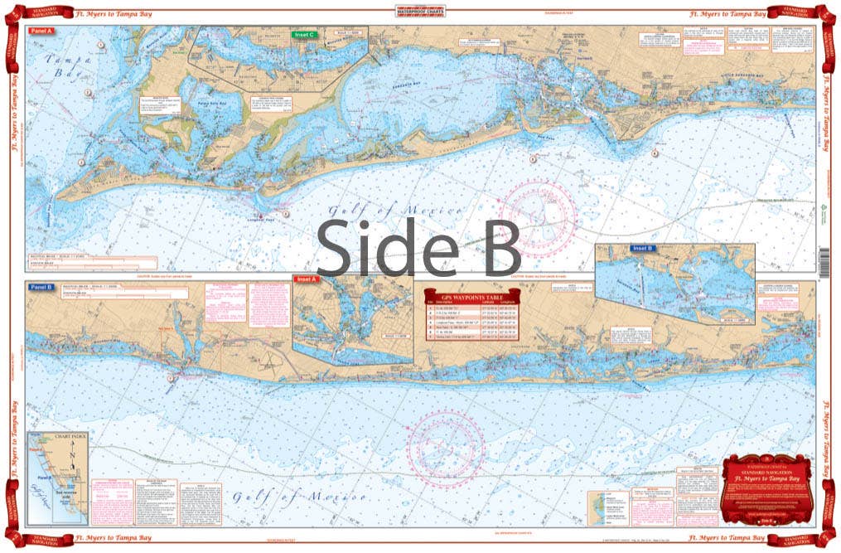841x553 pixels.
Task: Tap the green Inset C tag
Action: pyautogui.click(x=304, y=35)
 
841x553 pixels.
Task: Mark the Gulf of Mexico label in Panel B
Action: pyautogui.click(x=299, y=497)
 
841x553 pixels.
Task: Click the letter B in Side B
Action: pyautogui.click(x=496, y=247)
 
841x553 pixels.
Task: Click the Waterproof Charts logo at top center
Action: pyautogui.click(x=420, y=12)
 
